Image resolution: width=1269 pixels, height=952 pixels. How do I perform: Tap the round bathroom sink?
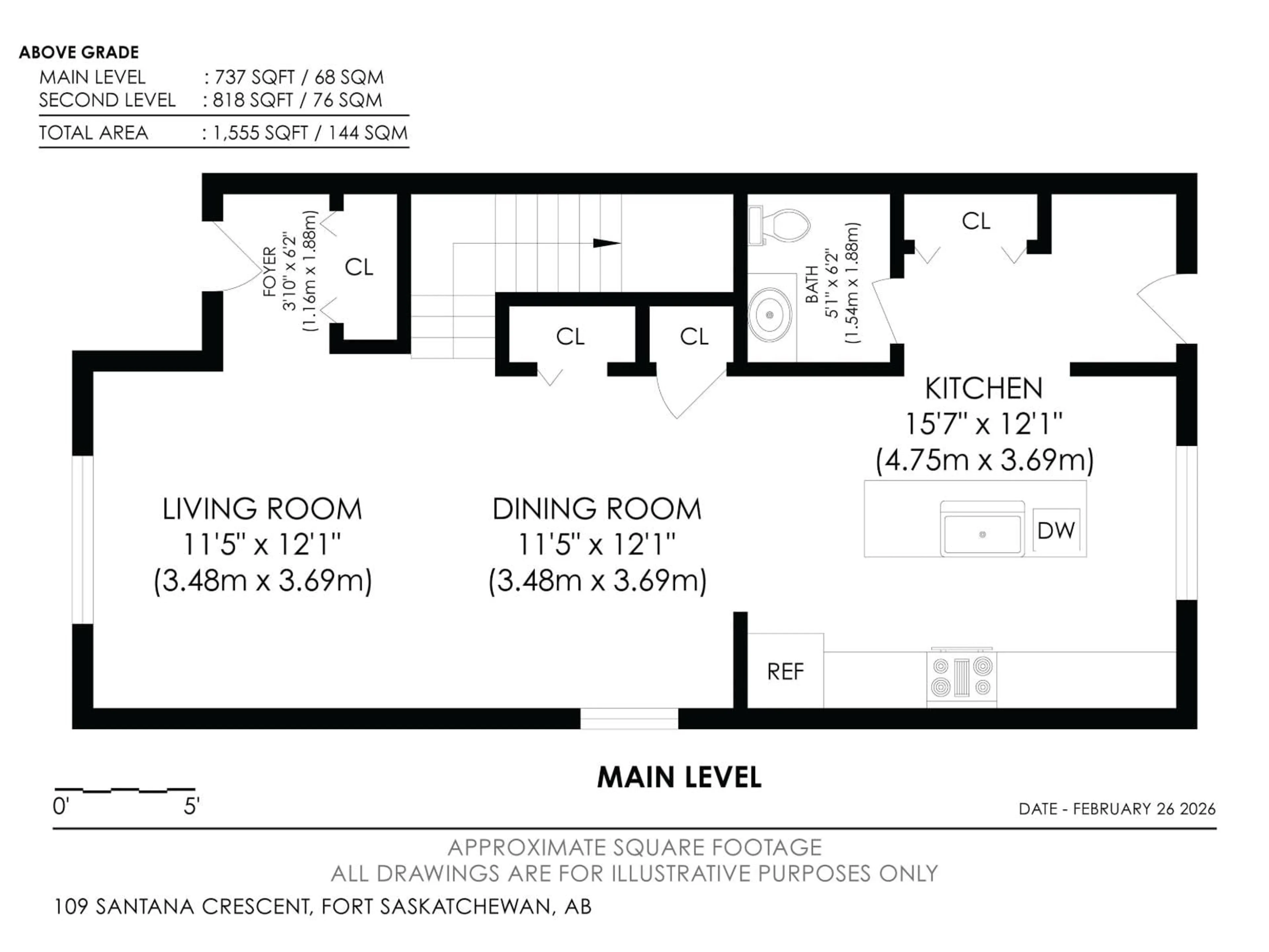770,314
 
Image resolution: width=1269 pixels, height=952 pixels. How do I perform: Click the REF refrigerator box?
786,671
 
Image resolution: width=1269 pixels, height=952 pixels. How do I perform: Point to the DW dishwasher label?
1056,531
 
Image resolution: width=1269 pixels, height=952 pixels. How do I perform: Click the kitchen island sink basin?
982,534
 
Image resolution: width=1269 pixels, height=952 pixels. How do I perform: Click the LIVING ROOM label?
262,509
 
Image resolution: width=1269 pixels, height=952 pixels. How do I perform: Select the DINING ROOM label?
596,509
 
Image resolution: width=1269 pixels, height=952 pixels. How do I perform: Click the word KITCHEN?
983,388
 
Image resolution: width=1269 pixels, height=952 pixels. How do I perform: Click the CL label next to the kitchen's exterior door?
976,221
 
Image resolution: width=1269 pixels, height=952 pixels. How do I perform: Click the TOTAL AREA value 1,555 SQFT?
261,133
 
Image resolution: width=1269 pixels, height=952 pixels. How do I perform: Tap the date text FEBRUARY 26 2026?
1144,809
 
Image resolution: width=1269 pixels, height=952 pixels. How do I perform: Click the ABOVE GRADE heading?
79,52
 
